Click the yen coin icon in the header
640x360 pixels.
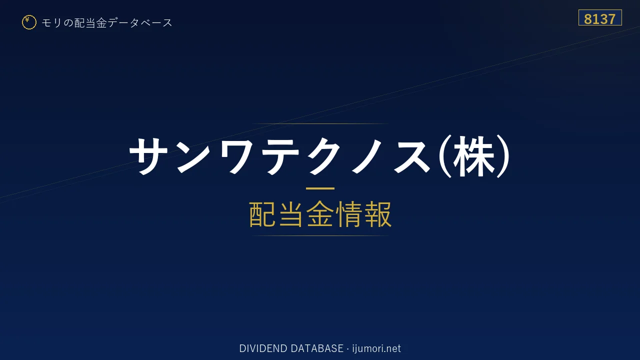point(29,22)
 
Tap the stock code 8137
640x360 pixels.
point(600,19)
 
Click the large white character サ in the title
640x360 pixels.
point(148,156)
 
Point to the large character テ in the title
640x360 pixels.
point(278,156)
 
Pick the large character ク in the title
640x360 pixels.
point(322,156)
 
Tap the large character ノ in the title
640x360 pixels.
point(367,156)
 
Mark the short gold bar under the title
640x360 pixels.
point(320,188)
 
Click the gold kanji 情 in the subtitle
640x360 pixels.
point(348,214)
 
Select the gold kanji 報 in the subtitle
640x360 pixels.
point(377,214)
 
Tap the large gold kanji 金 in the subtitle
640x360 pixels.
point(320,214)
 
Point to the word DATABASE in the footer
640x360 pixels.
point(317,348)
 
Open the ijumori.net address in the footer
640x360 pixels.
point(376,348)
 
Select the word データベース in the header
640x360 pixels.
point(140,23)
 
